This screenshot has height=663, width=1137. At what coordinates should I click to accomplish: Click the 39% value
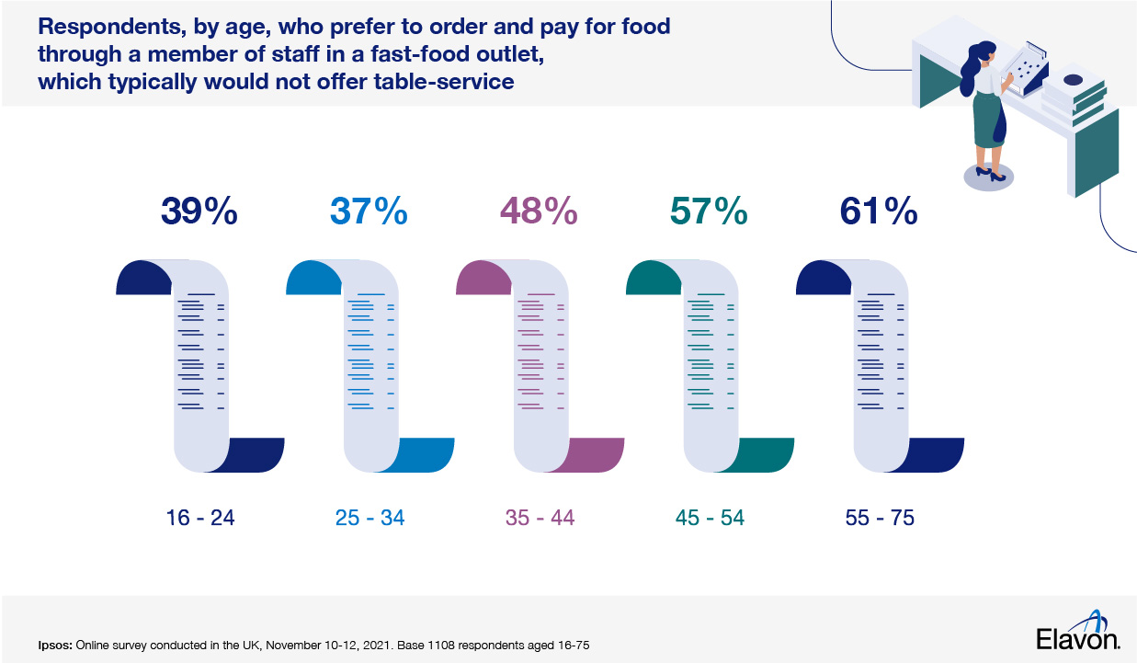click(x=199, y=212)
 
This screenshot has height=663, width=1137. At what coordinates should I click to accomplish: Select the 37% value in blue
click(x=370, y=212)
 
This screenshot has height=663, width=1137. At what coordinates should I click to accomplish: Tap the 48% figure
click(x=539, y=212)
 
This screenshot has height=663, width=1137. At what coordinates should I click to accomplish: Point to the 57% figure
click(x=709, y=212)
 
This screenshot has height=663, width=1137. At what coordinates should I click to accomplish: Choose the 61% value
click(x=879, y=212)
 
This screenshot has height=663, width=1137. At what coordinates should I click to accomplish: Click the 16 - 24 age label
click(x=199, y=519)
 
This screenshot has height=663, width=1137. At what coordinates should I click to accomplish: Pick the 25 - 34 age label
click(x=370, y=519)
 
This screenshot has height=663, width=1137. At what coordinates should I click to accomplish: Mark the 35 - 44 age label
click(x=540, y=519)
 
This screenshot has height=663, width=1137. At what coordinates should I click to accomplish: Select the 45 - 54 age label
click(x=710, y=519)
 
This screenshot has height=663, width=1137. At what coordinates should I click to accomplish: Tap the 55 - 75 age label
click(x=880, y=519)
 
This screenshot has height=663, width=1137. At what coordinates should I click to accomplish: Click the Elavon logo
click(x=1077, y=634)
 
